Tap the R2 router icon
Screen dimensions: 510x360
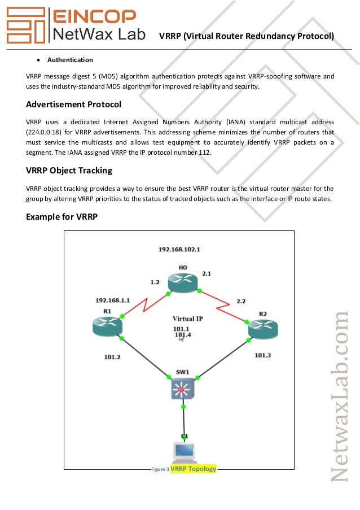263,330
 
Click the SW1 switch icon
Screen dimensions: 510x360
182,389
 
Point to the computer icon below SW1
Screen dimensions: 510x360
184,452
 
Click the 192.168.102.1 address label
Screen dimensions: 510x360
179,249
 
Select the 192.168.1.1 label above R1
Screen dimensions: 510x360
113,300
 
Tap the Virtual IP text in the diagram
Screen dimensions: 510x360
187,319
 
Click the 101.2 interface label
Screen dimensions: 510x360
113,356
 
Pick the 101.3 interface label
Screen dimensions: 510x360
262,355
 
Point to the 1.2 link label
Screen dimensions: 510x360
155,281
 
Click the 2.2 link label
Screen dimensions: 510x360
241,300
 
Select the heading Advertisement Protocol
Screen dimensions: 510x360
73,104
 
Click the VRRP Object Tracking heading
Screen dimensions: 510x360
69,170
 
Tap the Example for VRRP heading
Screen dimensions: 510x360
62,215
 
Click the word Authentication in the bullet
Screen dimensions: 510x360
70,60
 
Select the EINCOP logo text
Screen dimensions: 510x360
94,16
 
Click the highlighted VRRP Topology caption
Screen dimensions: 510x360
194,469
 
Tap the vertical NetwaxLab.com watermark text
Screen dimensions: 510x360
340,395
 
